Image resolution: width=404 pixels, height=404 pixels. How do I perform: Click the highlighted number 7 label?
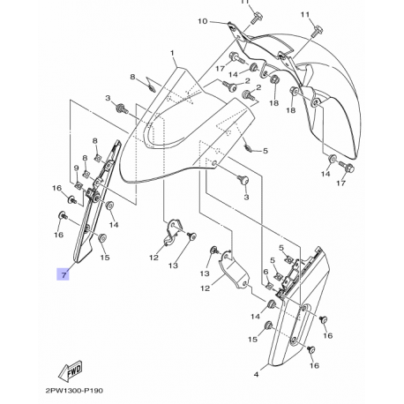64,274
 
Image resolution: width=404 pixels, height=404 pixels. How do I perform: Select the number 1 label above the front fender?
172,53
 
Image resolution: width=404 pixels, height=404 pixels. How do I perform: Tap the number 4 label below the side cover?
256,375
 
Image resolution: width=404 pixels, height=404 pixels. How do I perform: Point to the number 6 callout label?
266,272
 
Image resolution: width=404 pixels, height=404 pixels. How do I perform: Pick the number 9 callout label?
76,168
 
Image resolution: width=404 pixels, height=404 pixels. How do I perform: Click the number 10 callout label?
202,21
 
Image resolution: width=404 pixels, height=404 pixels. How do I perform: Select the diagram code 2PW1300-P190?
74,391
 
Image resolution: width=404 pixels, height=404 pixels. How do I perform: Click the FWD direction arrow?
71,370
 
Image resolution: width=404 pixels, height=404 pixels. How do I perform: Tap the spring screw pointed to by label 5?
249,147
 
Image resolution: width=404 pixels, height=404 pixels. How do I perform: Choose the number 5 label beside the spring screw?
266,151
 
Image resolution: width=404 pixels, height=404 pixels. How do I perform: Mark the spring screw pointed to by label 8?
151,87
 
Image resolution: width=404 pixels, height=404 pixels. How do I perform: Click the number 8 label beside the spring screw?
132,77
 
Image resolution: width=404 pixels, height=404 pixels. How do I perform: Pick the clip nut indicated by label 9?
79,185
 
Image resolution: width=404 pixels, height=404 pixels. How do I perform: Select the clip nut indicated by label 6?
269,285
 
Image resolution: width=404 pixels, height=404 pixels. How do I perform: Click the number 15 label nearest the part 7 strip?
105,258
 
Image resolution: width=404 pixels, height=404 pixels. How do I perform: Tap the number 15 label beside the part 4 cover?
252,340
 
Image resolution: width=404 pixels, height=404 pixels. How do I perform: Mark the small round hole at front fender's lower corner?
214,163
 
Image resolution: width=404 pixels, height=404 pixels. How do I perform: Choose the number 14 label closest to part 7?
114,225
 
